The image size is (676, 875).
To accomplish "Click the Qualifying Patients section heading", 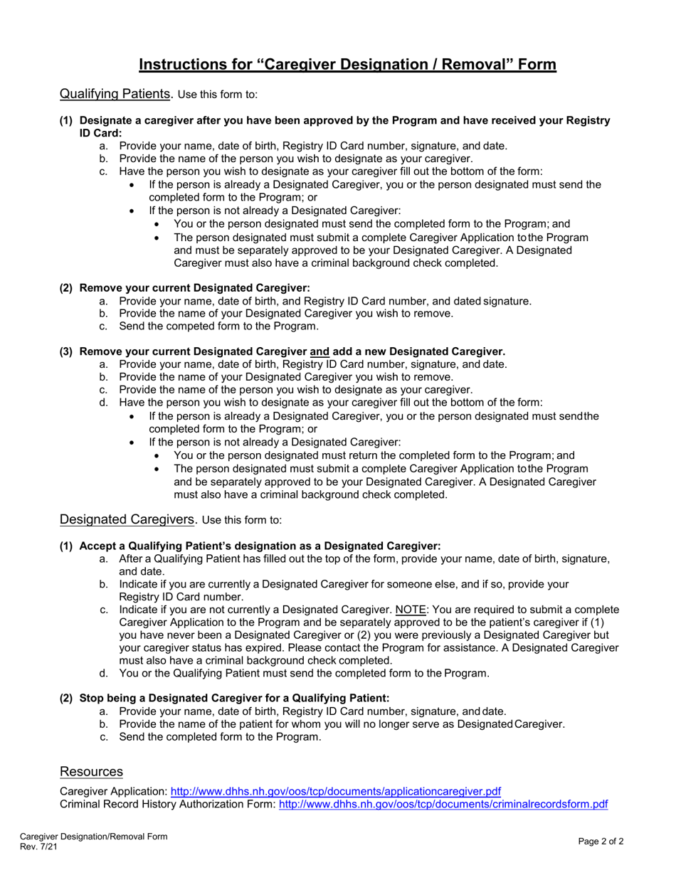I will (x=115, y=93).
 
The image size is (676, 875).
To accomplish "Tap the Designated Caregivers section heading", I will (x=127, y=519).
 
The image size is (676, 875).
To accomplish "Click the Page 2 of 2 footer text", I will (x=601, y=842).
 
